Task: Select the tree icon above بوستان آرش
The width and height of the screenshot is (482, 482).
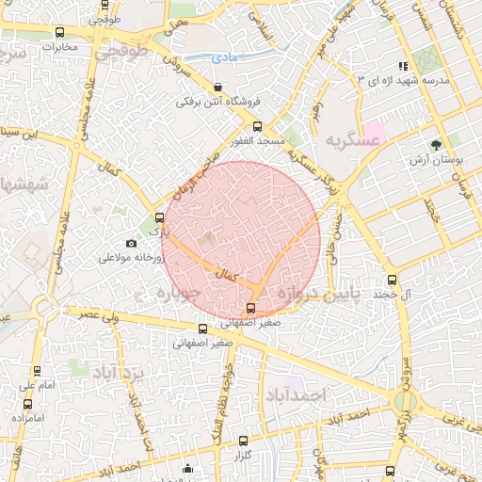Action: tap(436, 144)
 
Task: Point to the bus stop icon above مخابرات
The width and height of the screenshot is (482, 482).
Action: tap(60, 32)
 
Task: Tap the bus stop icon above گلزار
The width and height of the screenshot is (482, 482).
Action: tap(243, 441)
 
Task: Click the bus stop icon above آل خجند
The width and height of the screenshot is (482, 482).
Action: tap(393, 280)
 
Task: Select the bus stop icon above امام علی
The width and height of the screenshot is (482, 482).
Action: tap(37, 371)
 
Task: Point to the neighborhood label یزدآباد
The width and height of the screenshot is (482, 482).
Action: tap(120, 373)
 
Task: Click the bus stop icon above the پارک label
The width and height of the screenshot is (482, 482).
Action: tap(158, 217)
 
